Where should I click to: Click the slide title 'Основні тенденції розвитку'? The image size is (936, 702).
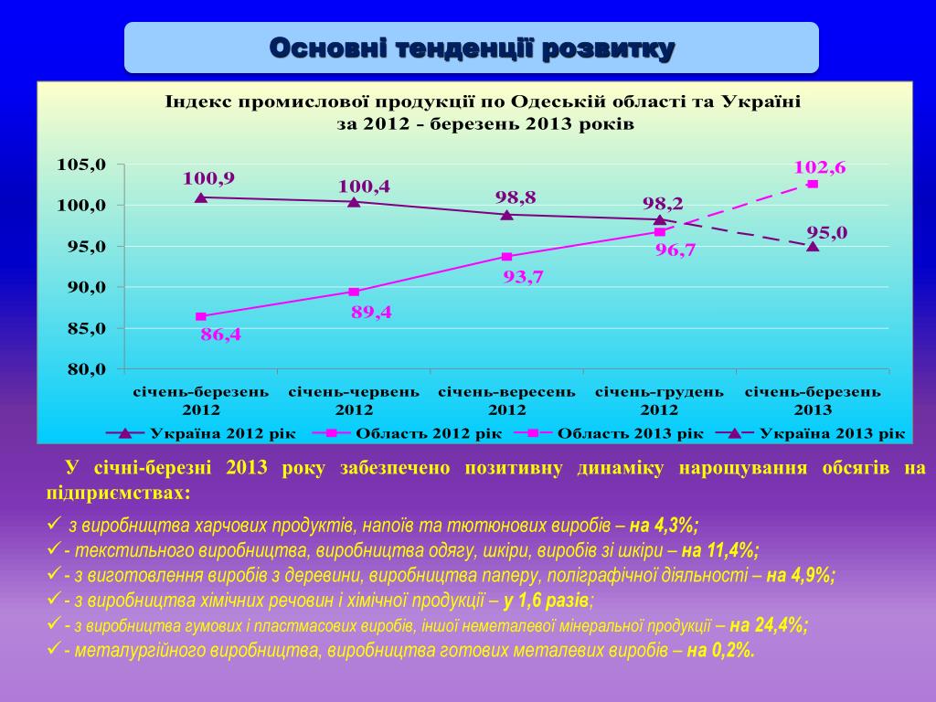(472, 48)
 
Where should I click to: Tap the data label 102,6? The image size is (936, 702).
(819, 166)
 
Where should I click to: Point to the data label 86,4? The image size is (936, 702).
(220, 335)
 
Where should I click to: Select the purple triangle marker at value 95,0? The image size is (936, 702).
(813, 246)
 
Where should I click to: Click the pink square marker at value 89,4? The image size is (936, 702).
(354, 292)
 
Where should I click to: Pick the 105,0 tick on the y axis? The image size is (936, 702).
(82, 165)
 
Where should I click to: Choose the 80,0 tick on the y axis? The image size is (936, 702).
(82, 369)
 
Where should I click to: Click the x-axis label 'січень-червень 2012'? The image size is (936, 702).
(354, 400)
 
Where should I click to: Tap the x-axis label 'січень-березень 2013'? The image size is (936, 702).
(813, 400)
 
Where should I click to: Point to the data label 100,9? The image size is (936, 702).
(208, 178)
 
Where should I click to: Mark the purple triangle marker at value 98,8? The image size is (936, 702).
(506, 214)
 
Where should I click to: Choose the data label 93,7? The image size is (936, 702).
(524, 276)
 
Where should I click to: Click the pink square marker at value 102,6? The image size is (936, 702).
(813, 184)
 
